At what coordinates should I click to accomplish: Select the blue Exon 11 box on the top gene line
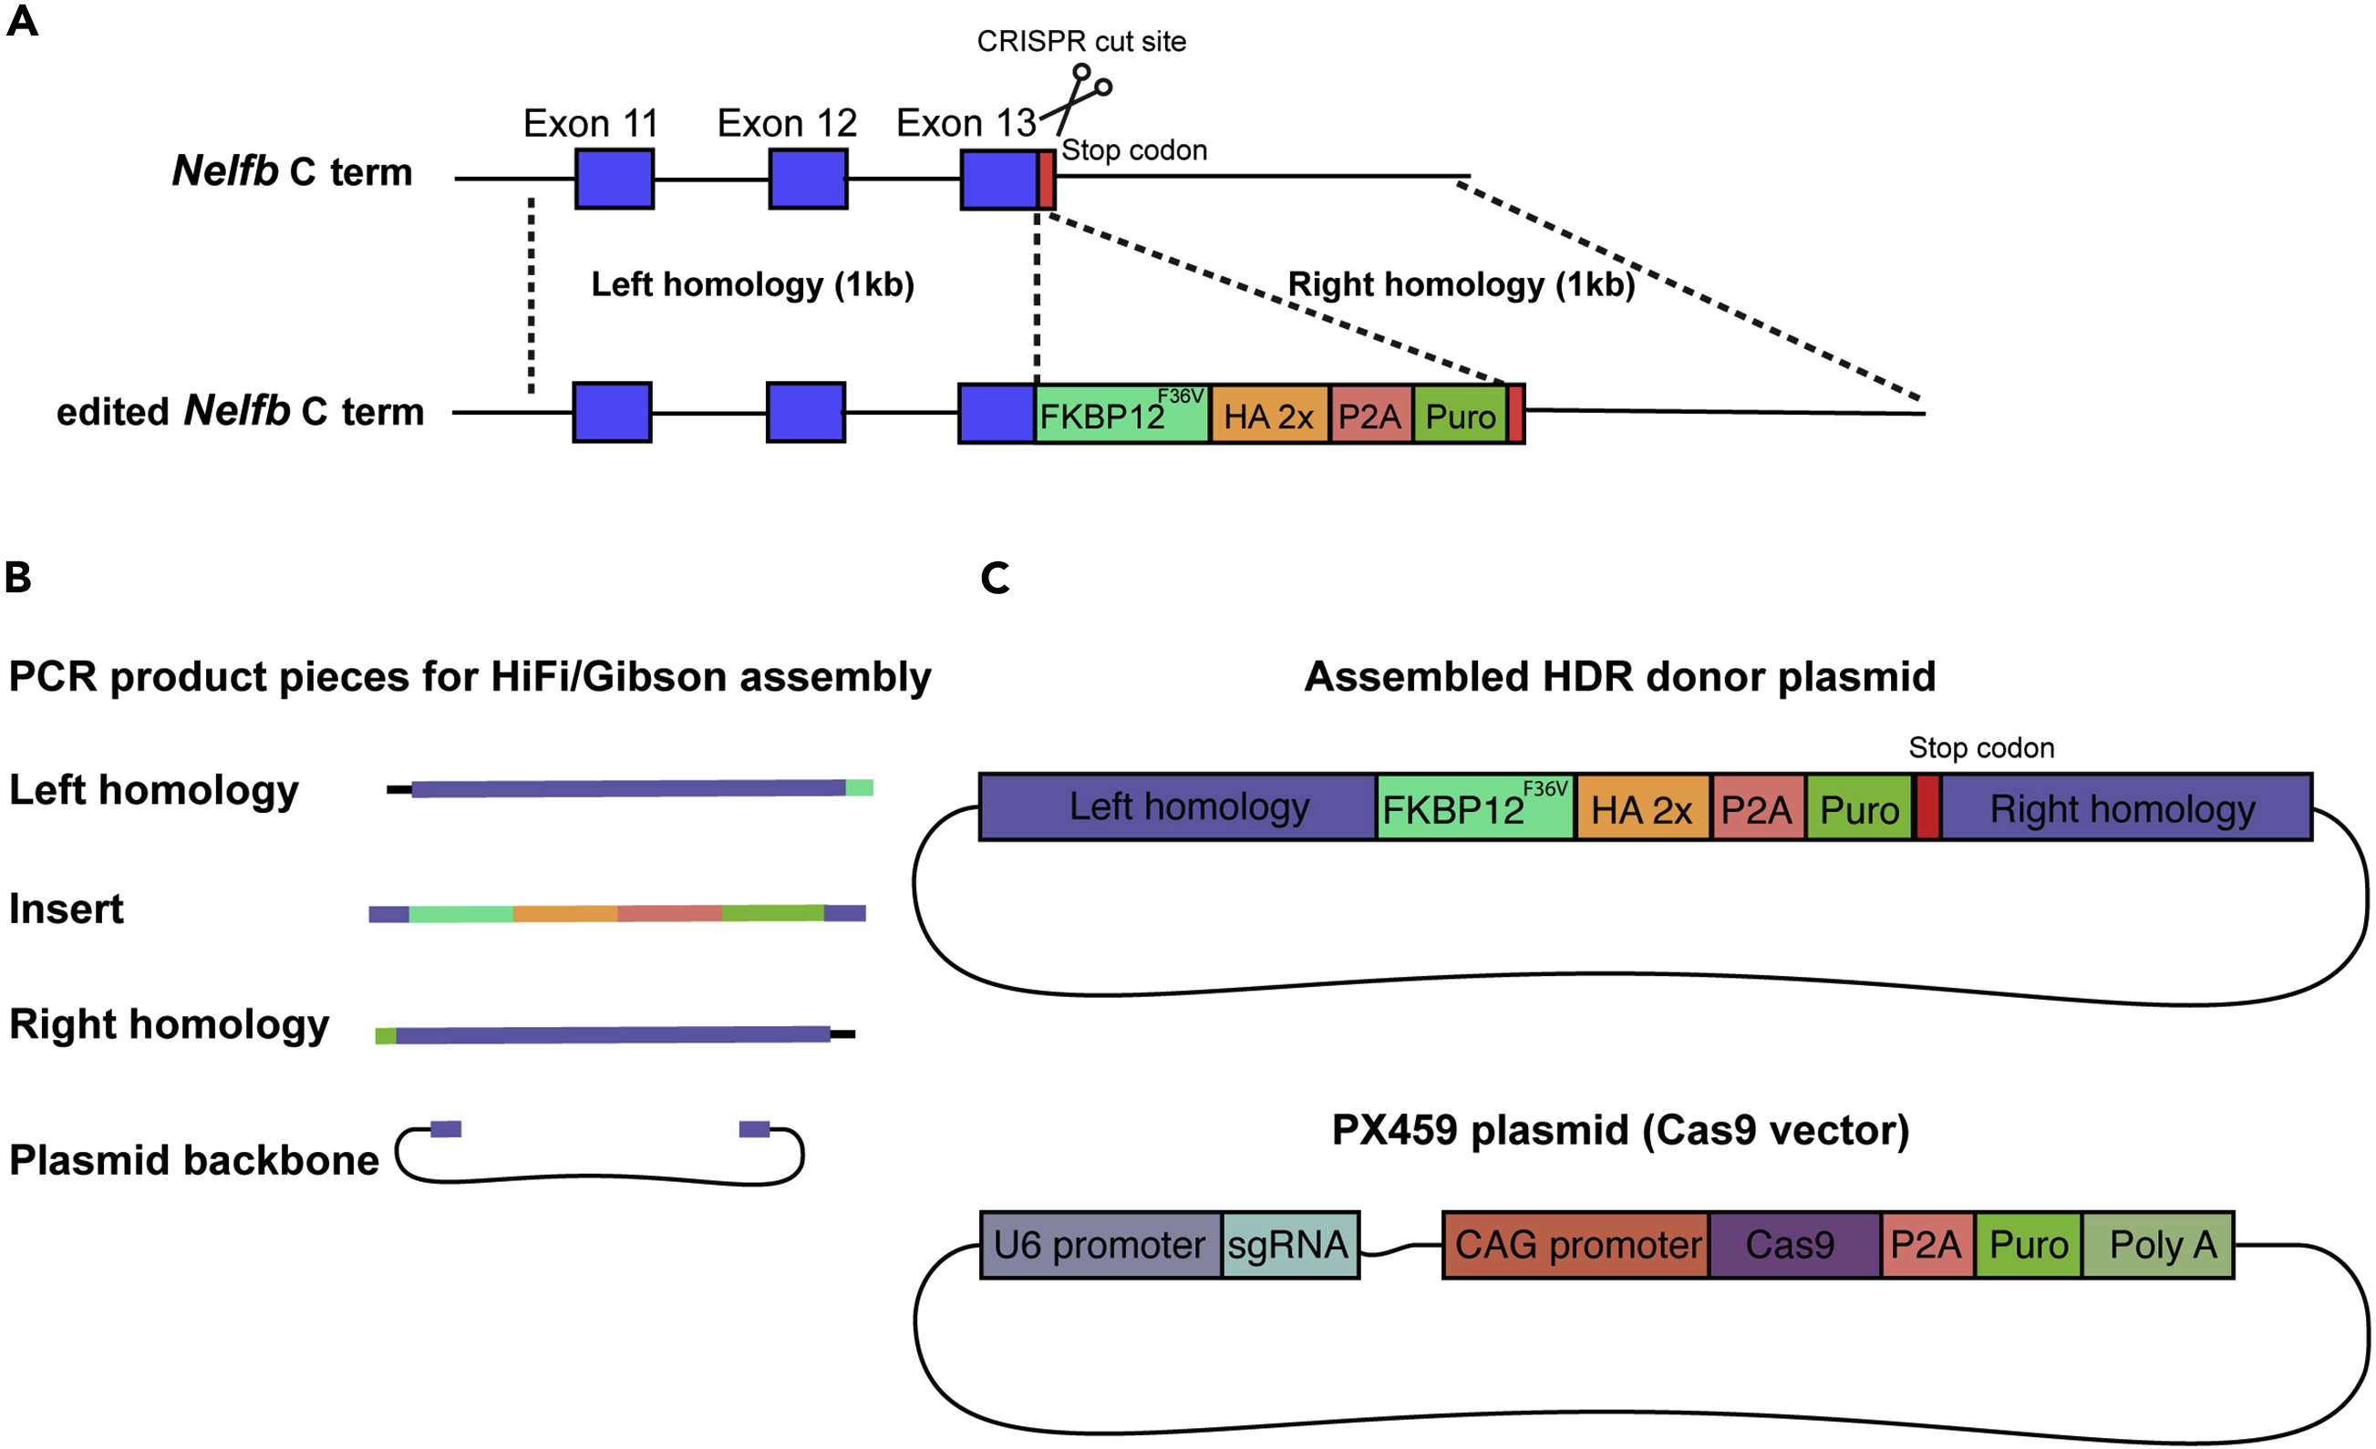click(x=615, y=179)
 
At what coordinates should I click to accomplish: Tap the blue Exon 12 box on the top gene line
click(x=808, y=179)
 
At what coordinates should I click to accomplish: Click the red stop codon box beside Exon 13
click(x=1047, y=180)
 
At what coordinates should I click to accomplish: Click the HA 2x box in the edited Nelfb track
click(x=1269, y=415)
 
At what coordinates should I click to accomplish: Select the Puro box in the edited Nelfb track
click(x=1460, y=415)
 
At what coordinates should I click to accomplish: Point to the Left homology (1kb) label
click(x=752, y=284)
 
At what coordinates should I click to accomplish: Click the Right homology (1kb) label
click(x=1461, y=284)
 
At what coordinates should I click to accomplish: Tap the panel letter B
click(x=17, y=578)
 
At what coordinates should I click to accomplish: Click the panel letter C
click(x=994, y=578)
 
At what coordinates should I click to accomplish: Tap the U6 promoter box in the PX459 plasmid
click(x=1100, y=1245)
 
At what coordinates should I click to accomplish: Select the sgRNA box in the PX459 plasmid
click(x=1289, y=1245)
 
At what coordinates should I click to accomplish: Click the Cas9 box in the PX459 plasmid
click(x=1792, y=1245)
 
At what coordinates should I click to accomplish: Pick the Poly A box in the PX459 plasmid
click(x=2157, y=1245)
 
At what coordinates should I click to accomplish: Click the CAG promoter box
click(x=1575, y=1245)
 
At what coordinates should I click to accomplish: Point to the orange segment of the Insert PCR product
click(x=565, y=913)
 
